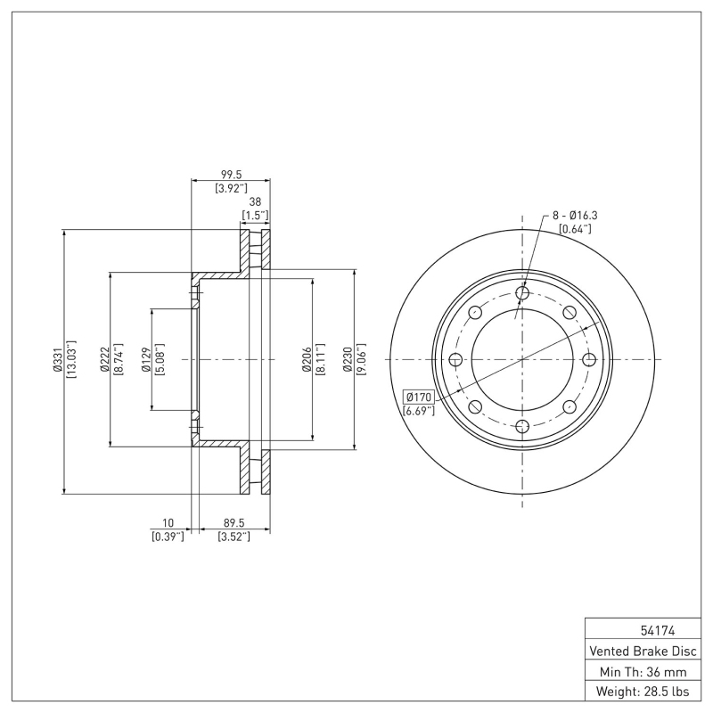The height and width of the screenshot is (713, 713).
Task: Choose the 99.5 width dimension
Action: click(x=231, y=175)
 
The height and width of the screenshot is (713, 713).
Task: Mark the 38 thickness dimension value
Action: click(x=255, y=202)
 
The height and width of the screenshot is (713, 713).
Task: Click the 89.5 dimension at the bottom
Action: click(x=234, y=524)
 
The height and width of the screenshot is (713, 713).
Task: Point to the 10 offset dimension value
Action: click(x=168, y=524)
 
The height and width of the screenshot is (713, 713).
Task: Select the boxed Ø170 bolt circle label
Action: click(x=418, y=397)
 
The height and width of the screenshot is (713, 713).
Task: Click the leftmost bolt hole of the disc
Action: click(x=455, y=359)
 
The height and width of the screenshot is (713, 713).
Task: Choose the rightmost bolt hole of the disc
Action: click(x=588, y=359)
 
